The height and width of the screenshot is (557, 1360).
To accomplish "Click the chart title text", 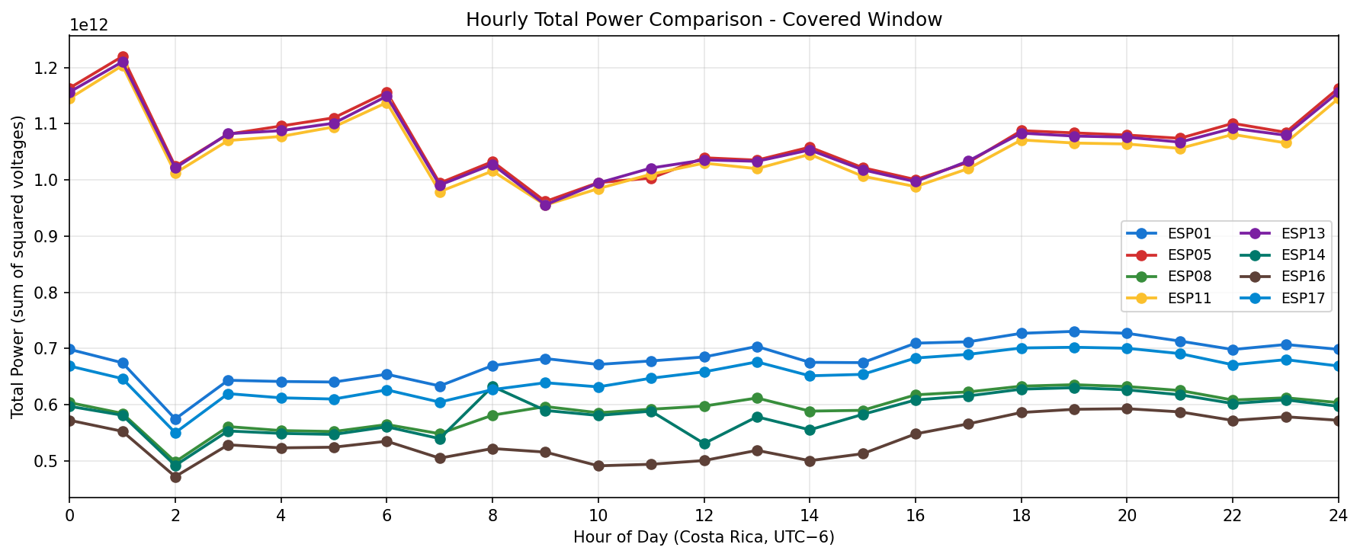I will [704, 20].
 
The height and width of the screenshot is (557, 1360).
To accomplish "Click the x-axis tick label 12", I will [704, 516].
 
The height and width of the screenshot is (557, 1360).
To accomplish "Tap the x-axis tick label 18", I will [1021, 516].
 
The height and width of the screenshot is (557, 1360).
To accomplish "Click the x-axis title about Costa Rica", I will [704, 537].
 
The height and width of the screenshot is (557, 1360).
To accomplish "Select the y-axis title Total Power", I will [18, 267].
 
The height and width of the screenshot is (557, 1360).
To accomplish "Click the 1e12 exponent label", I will [88, 24].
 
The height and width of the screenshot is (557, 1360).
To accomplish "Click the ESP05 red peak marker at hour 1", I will [123, 57].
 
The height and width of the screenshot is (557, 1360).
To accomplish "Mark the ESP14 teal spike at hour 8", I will [492, 387].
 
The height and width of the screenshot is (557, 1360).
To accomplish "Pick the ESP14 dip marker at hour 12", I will [704, 443].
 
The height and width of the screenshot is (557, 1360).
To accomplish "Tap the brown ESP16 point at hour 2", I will [175, 477].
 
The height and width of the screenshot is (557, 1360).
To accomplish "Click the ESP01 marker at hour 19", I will [1074, 331].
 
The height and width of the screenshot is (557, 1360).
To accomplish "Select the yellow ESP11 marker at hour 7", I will [440, 192].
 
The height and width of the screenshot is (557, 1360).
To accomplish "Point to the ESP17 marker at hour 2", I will [175, 433].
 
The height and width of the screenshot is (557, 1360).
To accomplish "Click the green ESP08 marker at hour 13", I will [757, 398].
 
